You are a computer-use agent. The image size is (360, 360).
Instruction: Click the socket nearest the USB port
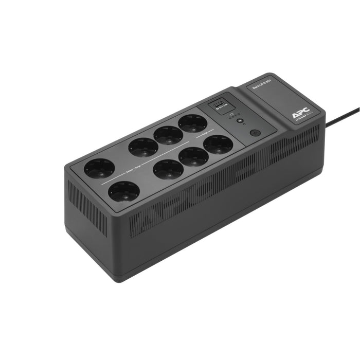click(x=193, y=123)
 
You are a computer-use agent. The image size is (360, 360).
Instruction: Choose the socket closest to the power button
click(x=218, y=144)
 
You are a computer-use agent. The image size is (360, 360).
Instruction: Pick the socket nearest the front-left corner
click(x=124, y=192)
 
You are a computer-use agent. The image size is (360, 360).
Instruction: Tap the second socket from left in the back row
click(x=143, y=148)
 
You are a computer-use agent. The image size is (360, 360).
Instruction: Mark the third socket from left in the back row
click(x=168, y=135)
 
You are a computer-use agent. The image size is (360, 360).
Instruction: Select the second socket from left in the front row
click(x=168, y=169)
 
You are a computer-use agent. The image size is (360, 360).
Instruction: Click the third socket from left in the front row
click(x=193, y=157)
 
